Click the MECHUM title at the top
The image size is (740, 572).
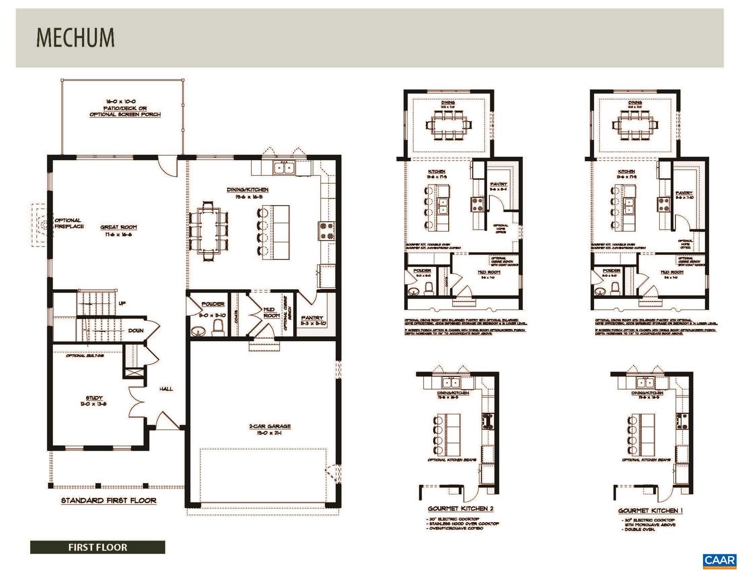(75, 38)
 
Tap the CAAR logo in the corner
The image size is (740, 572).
(720, 560)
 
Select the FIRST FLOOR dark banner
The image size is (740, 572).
(98, 547)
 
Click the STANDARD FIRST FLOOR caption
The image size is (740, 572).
(108, 500)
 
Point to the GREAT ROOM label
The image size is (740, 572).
(119, 230)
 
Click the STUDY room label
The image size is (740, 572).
(94, 400)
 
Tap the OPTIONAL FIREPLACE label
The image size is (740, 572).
(69, 223)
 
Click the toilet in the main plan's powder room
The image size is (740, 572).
(218, 327)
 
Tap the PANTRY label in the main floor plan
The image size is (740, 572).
(312, 321)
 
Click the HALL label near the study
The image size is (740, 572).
(166, 389)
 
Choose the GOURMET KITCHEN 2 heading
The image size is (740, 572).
(460, 509)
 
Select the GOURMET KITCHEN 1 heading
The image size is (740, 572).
(650, 511)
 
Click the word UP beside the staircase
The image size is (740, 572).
(122, 303)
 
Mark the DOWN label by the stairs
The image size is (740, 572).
(136, 330)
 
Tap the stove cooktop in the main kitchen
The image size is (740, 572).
(326, 230)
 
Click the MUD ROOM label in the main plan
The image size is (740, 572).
(271, 312)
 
